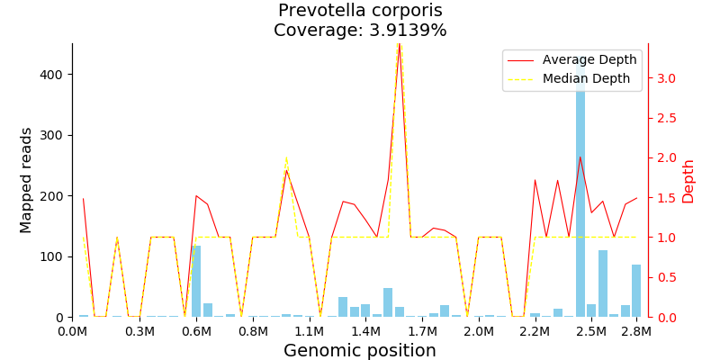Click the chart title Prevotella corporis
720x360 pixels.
point(360,11)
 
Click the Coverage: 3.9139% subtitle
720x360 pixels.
point(360,31)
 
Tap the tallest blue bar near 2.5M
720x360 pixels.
point(580,189)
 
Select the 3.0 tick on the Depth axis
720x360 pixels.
point(666,78)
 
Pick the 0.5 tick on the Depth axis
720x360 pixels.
point(666,277)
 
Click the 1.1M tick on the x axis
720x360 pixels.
point(309,331)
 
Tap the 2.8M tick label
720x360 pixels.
point(636,331)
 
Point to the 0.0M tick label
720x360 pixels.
point(72,331)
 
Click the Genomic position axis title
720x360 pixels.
point(360,351)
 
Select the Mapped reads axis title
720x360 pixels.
point(26,180)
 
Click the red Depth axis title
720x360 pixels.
point(688,180)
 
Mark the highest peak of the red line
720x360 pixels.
point(400,44)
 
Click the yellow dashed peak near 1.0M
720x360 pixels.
point(286,157)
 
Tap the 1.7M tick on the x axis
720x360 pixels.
point(422,331)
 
